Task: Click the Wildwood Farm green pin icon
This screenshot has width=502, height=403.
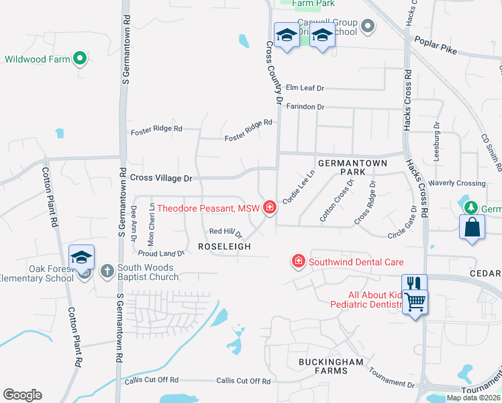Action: point(81,59)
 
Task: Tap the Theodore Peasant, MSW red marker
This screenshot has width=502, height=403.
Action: point(270,208)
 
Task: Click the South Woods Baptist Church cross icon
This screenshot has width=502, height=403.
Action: point(107,271)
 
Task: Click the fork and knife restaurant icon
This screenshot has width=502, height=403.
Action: point(414,284)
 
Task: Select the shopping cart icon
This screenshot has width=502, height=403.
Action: point(415,303)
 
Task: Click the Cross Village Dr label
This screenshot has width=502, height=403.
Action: point(161,178)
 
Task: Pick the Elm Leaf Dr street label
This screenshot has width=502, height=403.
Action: point(305,88)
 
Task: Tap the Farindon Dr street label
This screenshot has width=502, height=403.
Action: point(305,107)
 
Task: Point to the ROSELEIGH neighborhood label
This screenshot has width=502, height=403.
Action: point(224,247)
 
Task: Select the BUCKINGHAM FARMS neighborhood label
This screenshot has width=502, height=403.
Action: point(331,367)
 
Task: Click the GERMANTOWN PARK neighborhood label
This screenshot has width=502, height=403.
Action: point(346,168)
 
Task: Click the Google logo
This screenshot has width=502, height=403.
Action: point(22,395)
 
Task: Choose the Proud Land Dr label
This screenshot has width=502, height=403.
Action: point(161,253)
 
